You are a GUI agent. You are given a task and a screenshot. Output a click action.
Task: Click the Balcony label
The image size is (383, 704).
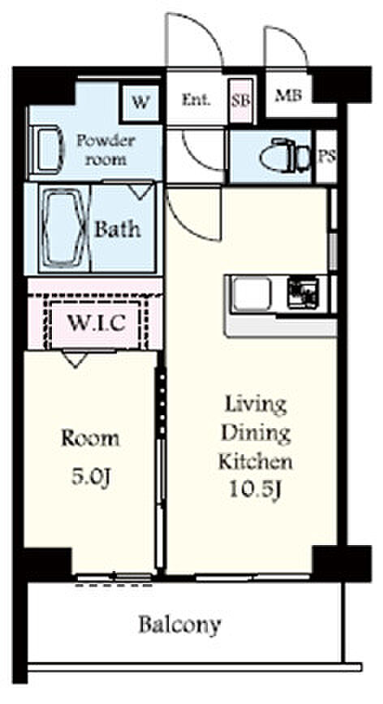pyautogui.click(x=179, y=625)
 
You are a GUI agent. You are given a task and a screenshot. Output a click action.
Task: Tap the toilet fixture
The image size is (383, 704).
pyautogui.click(x=285, y=156)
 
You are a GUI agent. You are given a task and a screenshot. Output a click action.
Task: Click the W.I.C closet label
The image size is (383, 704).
pyautogui.click(x=96, y=322)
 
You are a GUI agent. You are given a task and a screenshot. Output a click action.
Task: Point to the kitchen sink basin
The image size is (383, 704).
pyautogui.click(x=252, y=294)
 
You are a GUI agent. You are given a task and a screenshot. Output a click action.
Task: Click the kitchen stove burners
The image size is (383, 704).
pyautogui.click(x=303, y=293)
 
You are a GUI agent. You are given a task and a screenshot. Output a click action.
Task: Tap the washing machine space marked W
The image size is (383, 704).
pyautogui.click(x=140, y=103)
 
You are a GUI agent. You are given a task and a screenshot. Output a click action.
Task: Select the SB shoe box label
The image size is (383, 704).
pyautogui.click(x=241, y=101)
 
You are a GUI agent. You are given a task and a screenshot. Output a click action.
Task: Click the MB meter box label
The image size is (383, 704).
pyautogui.click(x=288, y=95)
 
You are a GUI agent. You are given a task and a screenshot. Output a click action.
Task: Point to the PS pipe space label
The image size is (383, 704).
pyautogui.click(x=326, y=157)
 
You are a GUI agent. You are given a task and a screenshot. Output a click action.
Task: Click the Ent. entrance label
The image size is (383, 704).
pyautogui.click(x=196, y=99)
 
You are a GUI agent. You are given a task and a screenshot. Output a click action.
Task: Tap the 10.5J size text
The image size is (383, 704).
pyautogui.click(x=255, y=490)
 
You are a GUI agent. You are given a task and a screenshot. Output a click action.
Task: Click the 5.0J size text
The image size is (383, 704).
pyautogui.click(x=91, y=477)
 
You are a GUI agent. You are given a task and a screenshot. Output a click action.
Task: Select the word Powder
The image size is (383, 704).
pyautogui.click(x=105, y=141)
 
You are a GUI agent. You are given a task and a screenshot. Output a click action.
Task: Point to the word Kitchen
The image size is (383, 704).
pyautogui.click(x=256, y=461)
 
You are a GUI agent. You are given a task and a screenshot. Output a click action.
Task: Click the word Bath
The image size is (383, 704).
pyautogui.click(x=117, y=229)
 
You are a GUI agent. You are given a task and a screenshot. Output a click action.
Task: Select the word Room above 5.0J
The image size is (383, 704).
pyautogui.click(x=90, y=438)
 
